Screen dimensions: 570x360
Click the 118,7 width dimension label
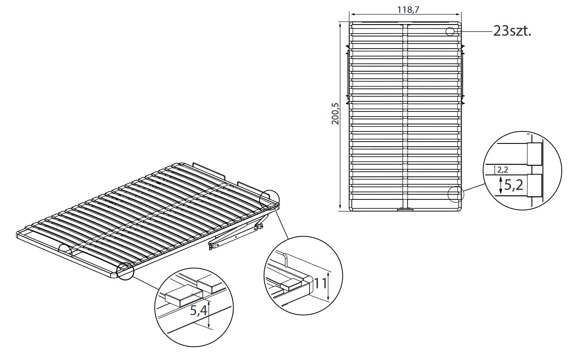tap(408, 10)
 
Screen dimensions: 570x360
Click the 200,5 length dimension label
tap(335, 114)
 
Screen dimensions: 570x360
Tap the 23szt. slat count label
tap(512, 31)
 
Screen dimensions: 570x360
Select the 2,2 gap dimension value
tap(502, 170)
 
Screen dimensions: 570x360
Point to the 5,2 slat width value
tap(514, 185)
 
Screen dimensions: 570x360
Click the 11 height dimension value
tap(321, 284)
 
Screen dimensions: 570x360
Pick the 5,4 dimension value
tap(199, 310)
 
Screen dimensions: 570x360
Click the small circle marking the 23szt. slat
tap(450, 31)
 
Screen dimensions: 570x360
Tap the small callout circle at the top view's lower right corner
tap(456, 194)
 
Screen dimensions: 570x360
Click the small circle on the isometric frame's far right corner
tap(269, 199)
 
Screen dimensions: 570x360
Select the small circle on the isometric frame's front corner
tap(125, 271)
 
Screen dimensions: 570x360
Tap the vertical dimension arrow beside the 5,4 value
tap(209, 314)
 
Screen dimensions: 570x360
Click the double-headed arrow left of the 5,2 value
tap(501, 186)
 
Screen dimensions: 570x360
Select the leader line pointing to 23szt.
tap(474, 31)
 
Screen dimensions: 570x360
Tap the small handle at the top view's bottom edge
tap(405, 210)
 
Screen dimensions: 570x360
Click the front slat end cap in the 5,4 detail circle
tap(184, 297)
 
